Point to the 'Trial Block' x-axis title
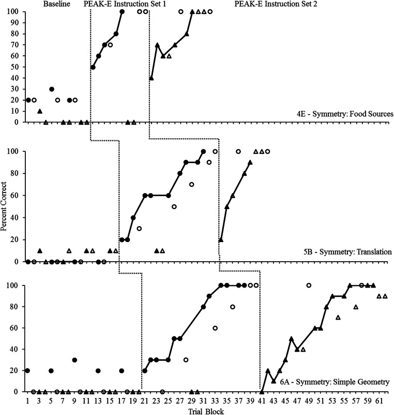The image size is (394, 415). [206, 409]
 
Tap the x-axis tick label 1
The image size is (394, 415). [27, 400]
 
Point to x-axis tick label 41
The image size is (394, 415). [262, 400]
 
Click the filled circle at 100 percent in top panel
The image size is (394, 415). [122, 11]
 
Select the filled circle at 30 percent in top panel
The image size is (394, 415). [51, 89]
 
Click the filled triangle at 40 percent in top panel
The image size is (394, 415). [151, 78]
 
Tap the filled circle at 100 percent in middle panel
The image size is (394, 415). [203, 152]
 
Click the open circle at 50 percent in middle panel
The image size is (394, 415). [174, 206]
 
